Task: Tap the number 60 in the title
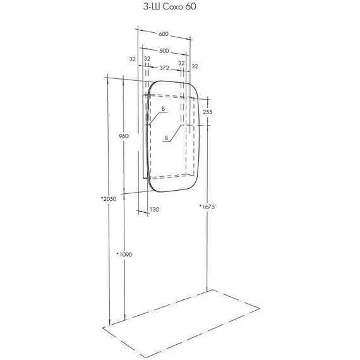pos(191,7)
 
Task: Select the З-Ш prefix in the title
pos(152,7)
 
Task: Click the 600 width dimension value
pos(164,34)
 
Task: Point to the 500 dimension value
pos(164,51)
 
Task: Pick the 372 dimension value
pos(164,68)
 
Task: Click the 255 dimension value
pos(208,112)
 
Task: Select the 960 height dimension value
pos(124,136)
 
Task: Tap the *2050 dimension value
pos(109,199)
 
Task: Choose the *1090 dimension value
pos(124,255)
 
